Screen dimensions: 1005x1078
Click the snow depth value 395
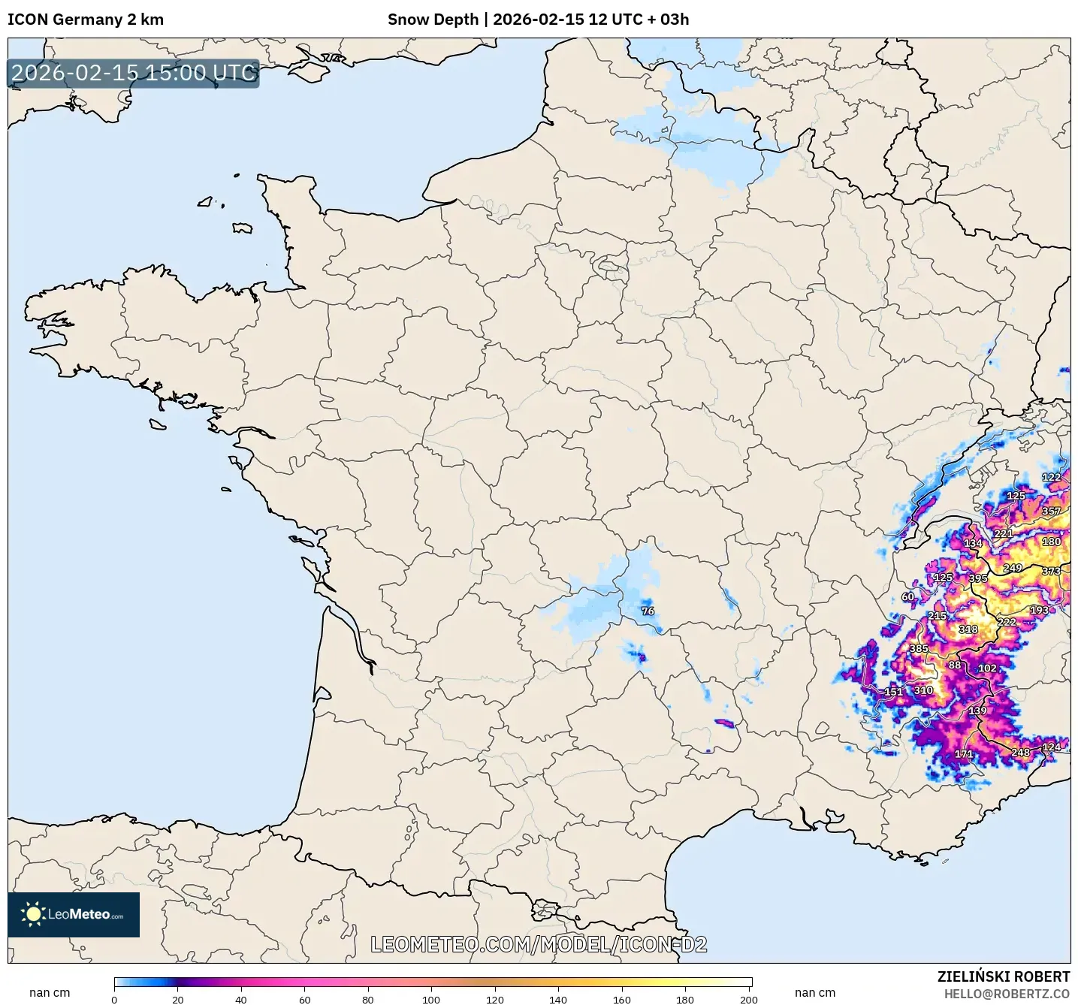click(978, 578)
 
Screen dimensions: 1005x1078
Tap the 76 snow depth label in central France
click(648, 611)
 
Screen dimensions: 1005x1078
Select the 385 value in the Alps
click(919, 649)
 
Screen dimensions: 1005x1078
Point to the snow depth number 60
click(908, 597)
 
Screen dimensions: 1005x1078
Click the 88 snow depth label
click(954, 665)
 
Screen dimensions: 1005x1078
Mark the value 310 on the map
click(923, 690)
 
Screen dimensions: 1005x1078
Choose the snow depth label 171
click(964, 754)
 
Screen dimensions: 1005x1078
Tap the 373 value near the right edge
click(1051, 572)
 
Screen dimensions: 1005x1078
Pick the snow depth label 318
click(968, 629)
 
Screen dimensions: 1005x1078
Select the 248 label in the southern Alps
click(1020, 753)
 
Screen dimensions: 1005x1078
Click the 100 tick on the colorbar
click(431, 1000)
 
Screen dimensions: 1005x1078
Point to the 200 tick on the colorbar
click(748, 1000)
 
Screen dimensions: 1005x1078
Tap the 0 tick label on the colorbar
click(114, 1000)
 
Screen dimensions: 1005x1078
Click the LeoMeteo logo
click(74, 914)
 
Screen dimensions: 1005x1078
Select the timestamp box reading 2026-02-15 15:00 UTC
click(134, 73)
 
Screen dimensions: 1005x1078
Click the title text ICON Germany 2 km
click(86, 20)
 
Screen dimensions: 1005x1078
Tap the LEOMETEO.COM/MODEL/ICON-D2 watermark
click(539, 944)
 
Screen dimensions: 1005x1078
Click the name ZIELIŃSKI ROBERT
click(1003, 976)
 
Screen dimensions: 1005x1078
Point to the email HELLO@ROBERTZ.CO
click(1007, 994)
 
